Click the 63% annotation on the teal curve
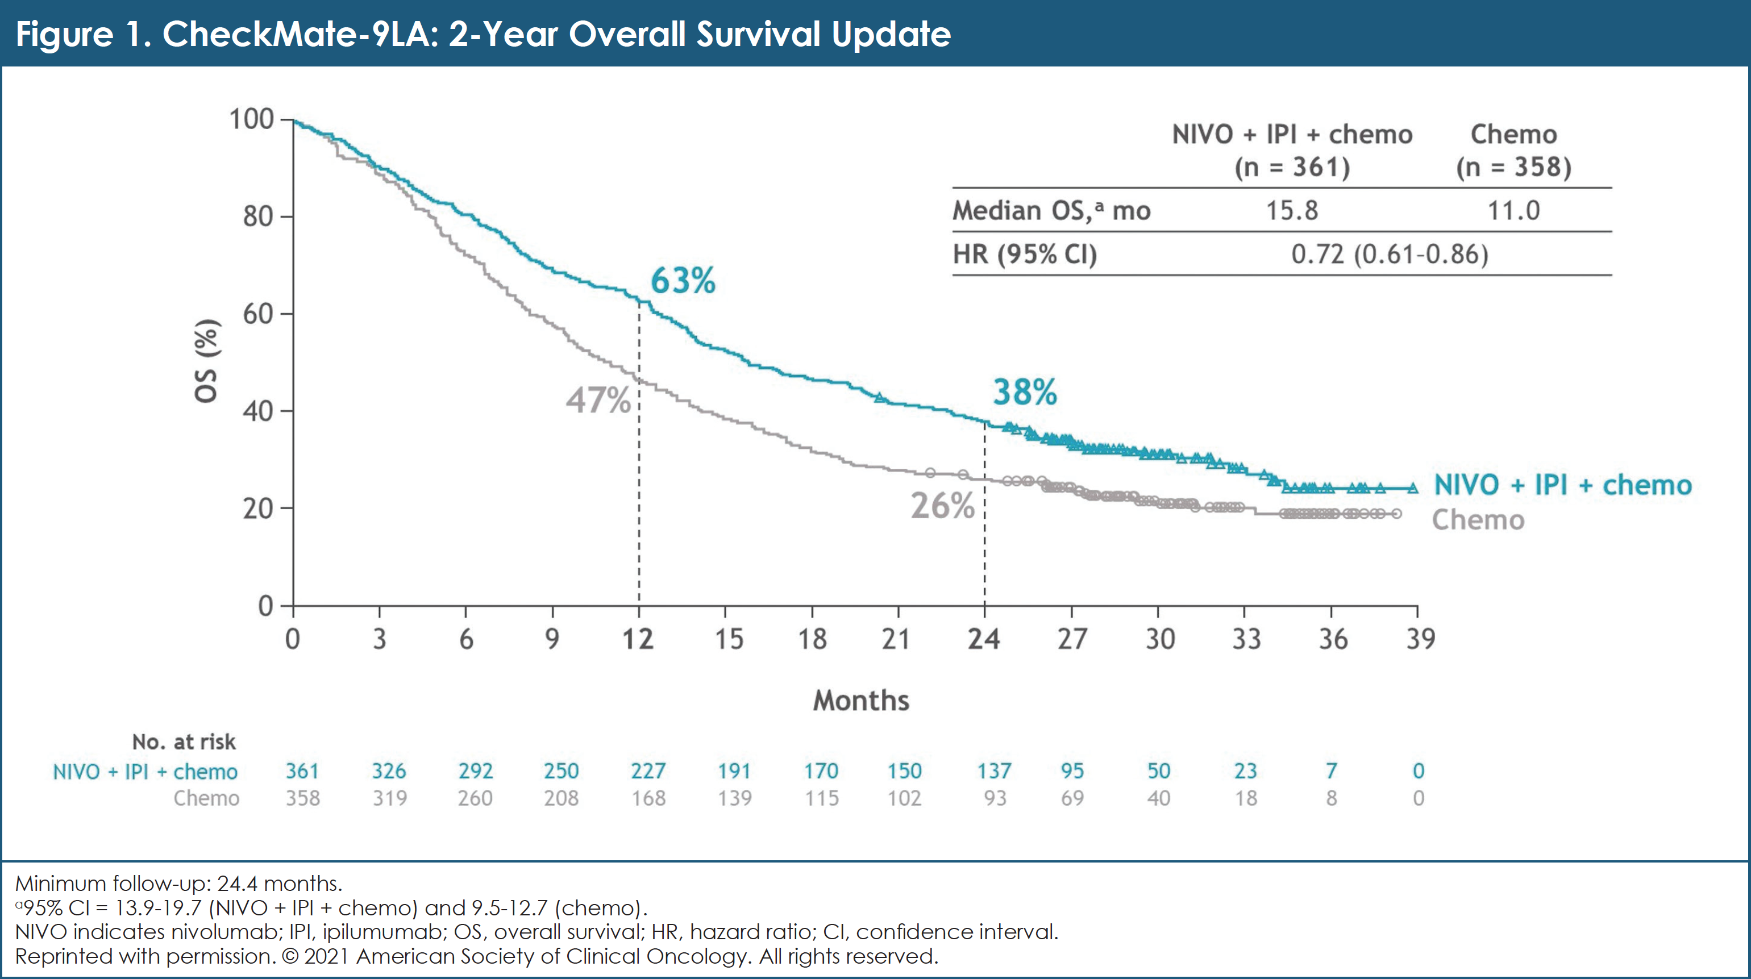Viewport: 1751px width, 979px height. (x=683, y=281)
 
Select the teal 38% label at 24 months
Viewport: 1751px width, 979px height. (x=1024, y=392)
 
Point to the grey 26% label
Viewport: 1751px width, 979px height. (x=942, y=506)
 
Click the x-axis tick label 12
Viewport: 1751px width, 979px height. (x=638, y=639)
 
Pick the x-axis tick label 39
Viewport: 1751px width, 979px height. (x=1420, y=639)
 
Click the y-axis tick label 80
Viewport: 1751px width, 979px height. (x=258, y=216)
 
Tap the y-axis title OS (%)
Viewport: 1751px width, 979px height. (x=206, y=361)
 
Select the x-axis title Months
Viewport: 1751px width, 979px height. (x=860, y=701)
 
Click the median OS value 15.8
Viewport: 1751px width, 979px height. (x=1291, y=211)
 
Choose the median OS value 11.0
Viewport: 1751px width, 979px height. (x=1513, y=211)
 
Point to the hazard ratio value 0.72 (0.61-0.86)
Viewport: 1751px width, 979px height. (x=1390, y=254)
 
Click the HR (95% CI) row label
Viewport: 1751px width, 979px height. (x=1024, y=254)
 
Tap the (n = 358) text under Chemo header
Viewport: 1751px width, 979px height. (x=1513, y=167)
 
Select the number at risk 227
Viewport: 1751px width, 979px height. (x=648, y=771)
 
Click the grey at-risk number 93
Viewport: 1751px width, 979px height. (x=995, y=798)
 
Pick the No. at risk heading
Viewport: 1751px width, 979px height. (x=184, y=742)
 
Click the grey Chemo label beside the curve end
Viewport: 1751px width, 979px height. (x=1478, y=520)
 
